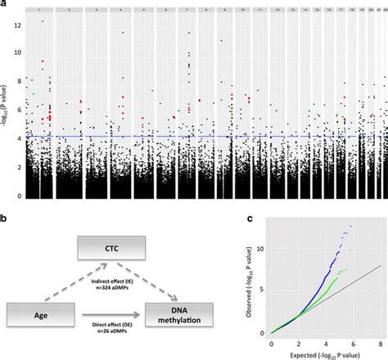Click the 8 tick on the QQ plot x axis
click(381, 340)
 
